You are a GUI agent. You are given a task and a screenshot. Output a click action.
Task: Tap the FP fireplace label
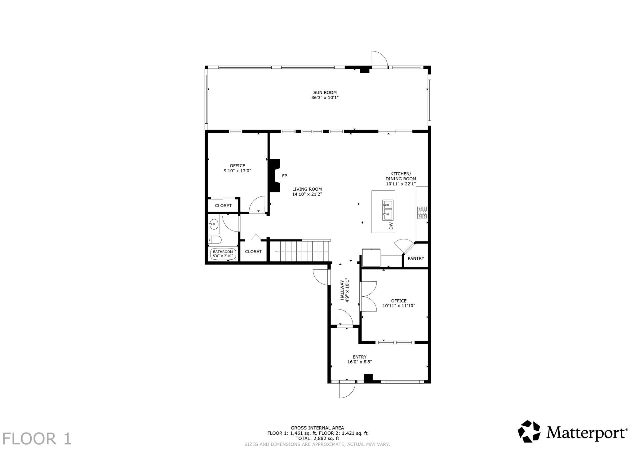(284, 176)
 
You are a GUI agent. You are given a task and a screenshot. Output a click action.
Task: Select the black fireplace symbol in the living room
(274, 175)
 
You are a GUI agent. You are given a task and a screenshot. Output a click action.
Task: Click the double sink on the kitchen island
(388, 209)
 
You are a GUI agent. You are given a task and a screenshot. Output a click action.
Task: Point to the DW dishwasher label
(391, 226)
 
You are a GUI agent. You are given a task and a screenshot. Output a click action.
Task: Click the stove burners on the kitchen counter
(422, 213)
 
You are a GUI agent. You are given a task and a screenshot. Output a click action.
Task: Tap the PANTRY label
(416, 258)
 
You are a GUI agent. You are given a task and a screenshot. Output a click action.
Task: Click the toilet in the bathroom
(215, 240)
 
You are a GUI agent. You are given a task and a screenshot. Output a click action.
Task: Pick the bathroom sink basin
(213, 224)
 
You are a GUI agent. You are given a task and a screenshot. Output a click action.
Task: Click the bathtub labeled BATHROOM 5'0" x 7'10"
(223, 254)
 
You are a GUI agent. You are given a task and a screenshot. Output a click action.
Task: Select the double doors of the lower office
(368, 296)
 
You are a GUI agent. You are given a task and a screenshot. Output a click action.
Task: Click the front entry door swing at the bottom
(347, 390)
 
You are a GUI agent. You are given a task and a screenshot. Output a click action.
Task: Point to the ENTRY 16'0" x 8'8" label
(359, 359)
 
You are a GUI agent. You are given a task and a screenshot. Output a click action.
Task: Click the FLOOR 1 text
(37, 439)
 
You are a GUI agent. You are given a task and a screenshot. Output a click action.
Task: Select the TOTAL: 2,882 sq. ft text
(317, 438)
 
